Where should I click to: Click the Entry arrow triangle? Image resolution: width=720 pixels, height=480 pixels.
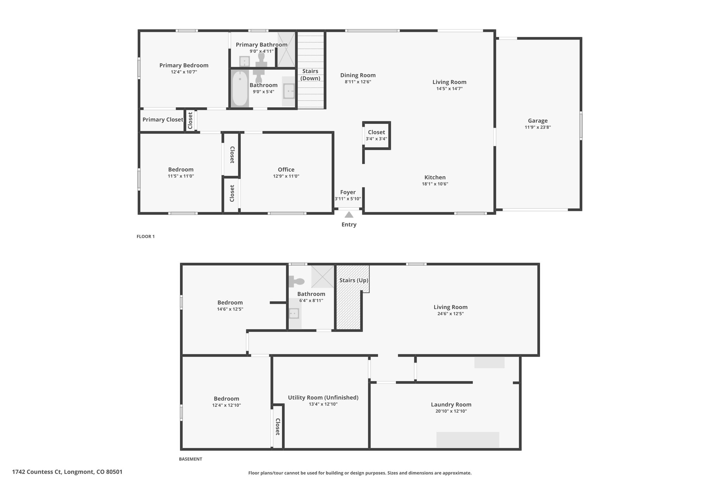click(x=349, y=215)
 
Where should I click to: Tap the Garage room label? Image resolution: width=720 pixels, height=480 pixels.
click(x=538, y=121)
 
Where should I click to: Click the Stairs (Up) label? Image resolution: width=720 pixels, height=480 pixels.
click(x=354, y=280)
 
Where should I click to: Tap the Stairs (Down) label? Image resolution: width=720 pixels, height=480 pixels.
click(x=310, y=75)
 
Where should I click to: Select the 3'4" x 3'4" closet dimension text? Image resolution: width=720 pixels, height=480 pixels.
click(x=376, y=139)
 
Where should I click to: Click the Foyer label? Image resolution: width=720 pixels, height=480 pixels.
click(x=348, y=192)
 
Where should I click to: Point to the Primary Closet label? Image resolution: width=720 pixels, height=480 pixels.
click(x=163, y=120)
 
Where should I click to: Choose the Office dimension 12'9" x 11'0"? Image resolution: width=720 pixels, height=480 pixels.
click(x=286, y=176)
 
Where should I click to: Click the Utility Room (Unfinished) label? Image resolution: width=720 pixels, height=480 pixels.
click(x=323, y=398)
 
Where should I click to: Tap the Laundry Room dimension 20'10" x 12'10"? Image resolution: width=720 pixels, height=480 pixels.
click(x=451, y=411)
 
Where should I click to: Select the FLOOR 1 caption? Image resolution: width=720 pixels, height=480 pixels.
click(x=146, y=236)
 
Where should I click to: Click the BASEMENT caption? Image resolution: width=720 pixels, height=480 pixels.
click(x=190, y=459)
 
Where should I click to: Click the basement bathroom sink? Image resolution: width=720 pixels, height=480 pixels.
click(x=294, y=313)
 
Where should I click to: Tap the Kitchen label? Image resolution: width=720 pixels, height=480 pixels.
click(x=435, y=178)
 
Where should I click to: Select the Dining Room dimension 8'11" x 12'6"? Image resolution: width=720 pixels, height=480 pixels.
click(x=358, y=82)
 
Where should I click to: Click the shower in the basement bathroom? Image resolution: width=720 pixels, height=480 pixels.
click(x=323, y=276)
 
